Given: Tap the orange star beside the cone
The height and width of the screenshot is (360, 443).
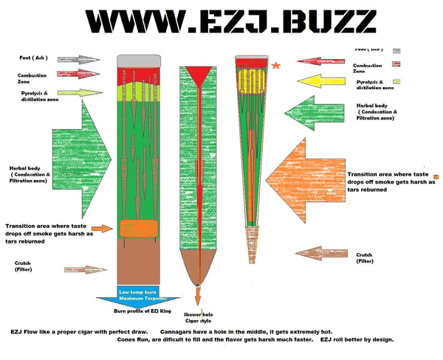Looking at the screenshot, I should (276, 66).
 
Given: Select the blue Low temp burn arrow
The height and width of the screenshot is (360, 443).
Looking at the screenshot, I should (140, 296).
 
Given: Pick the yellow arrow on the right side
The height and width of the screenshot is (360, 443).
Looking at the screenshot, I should (308, 80).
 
